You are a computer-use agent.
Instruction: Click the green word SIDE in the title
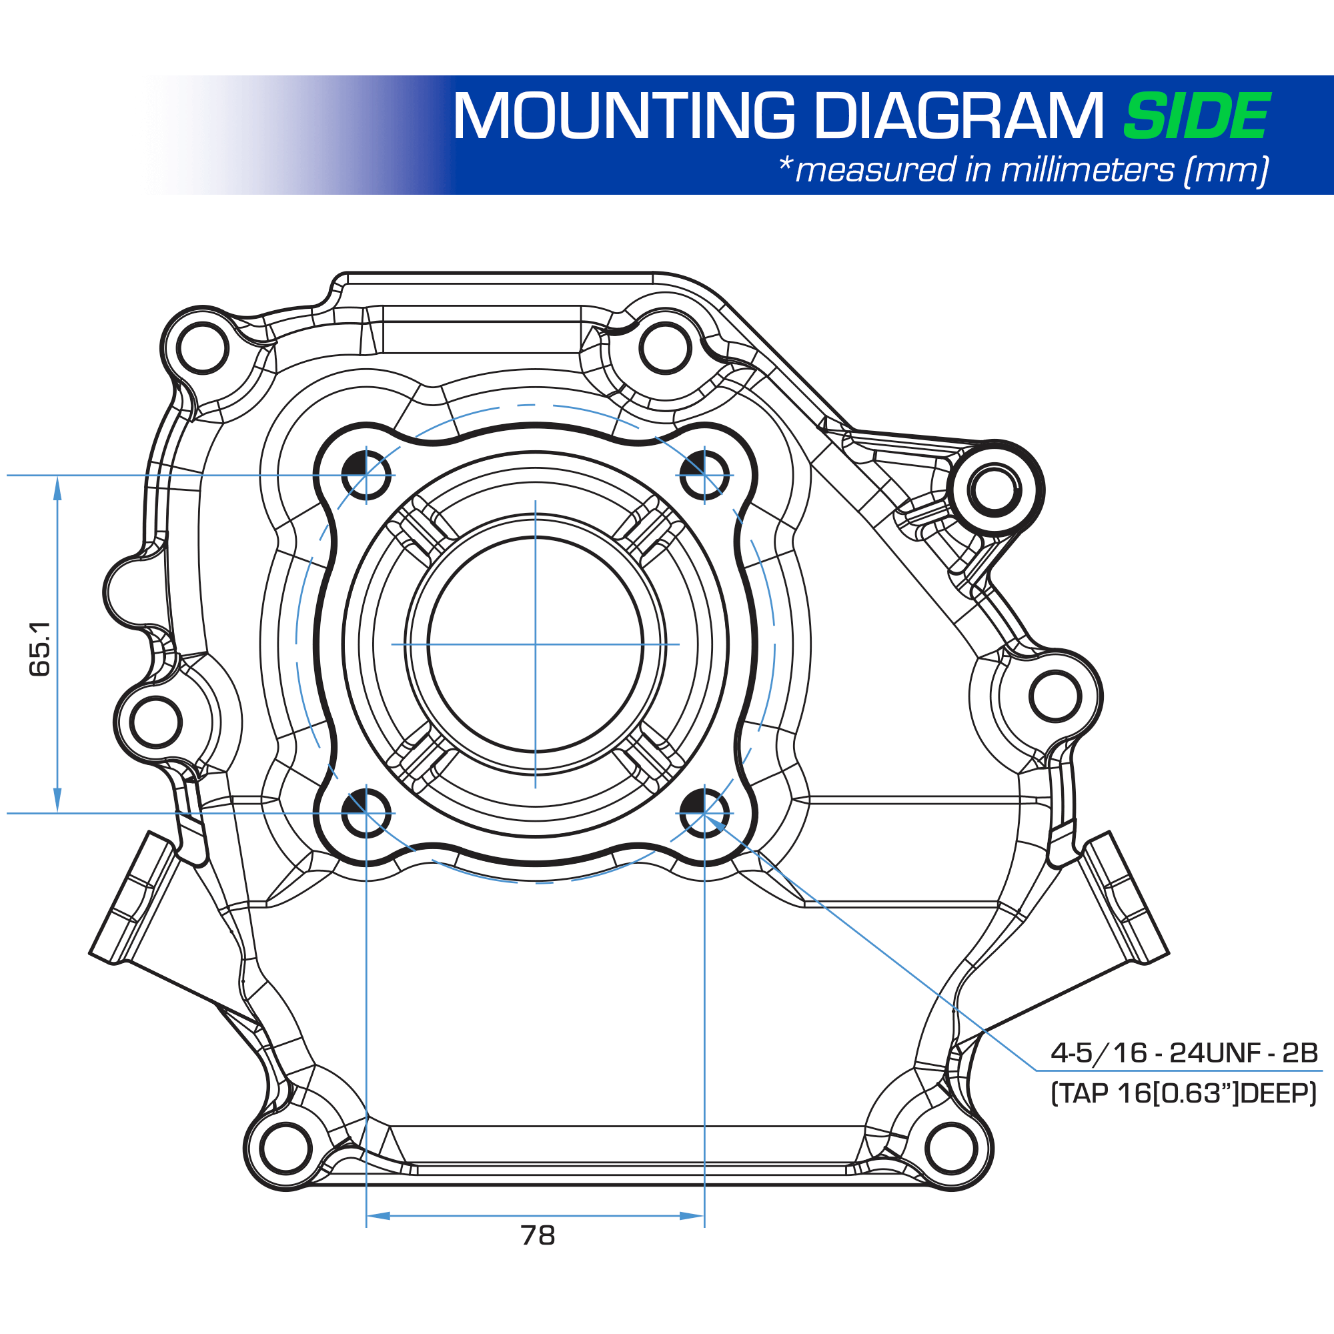tap(1197, 116)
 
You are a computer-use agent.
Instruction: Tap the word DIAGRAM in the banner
tap(960, 116)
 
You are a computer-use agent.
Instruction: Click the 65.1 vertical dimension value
tap(40, 648)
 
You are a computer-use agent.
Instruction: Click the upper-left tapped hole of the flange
tap(366, 475)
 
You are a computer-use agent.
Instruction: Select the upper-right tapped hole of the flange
tap(704, 475)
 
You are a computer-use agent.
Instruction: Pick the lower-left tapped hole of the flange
tap(366, 812)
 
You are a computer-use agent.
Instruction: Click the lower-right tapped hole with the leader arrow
tap(704, 812)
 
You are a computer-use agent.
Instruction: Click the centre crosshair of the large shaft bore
tap(535, 644)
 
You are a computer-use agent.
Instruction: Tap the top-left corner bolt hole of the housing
tap(202, 348)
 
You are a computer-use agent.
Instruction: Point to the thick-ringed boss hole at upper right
tap(994, 490)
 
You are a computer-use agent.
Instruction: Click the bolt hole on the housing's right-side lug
tap(1055, 696)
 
